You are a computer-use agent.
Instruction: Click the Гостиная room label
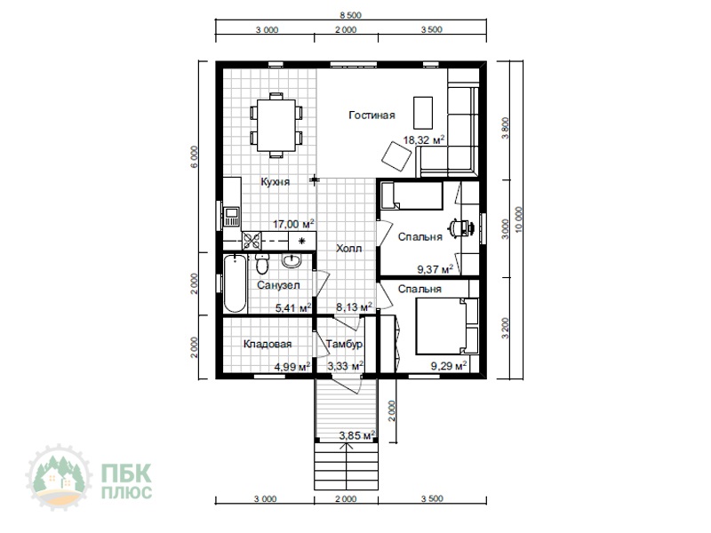[x=371, y=115]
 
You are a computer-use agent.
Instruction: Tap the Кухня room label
[x=276, y=182]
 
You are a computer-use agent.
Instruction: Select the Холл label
[x=349, y=249]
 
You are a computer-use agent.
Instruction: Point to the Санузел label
[x=278, y=285]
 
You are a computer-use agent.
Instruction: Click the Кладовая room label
[x=268, y=344]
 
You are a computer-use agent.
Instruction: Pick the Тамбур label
[x=344, y=344]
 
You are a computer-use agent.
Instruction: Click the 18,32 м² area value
[x=424, y=139]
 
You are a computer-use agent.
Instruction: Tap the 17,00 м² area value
[x=293, y=224]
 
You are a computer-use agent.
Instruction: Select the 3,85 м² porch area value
[x=357, y=435]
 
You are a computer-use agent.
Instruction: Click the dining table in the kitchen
[x=276, y=125]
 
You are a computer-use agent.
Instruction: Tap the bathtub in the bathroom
[x=235, y=284]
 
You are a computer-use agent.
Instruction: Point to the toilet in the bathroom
[x=262, y=264]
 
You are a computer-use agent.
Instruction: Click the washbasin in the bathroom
[x=292, y=260]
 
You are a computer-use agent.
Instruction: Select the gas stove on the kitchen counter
[x=252, y=240]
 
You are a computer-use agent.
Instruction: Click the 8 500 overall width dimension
[x=351, y=15]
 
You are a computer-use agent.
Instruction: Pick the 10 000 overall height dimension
[x=519, y=219]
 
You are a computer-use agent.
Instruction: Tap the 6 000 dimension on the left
[x=194, y=157]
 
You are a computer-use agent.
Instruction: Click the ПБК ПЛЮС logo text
[x=126, y=481]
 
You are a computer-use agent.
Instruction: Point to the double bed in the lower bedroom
[x=441, y=326]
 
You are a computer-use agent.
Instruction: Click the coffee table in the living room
[x=423, y=113]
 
